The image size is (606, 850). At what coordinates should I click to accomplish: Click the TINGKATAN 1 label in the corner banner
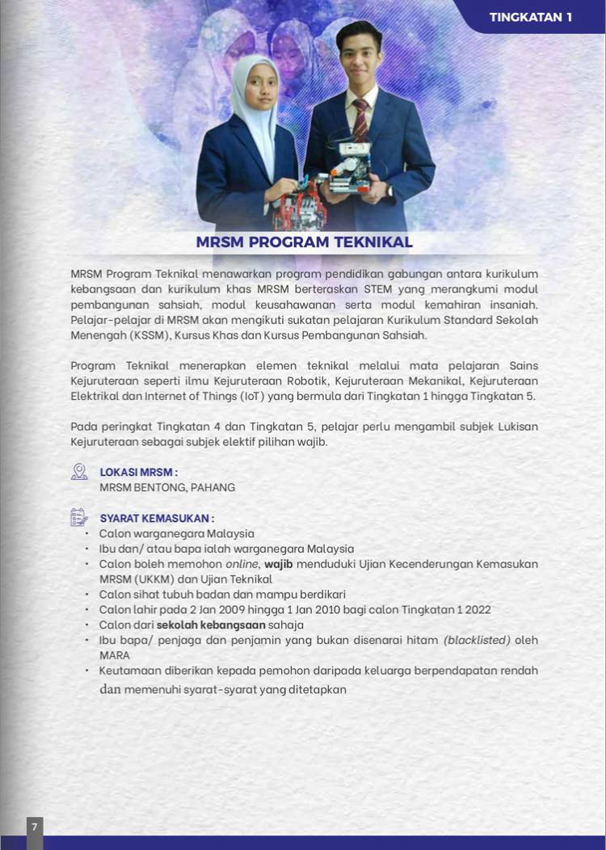click(530, 17)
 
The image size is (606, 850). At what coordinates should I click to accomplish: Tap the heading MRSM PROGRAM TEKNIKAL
click(304, 242)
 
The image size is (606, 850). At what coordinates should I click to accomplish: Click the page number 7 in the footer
click(34, 827)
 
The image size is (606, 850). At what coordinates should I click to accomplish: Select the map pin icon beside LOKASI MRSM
click(79, 472)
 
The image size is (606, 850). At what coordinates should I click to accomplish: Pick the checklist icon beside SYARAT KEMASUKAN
click(79, 517)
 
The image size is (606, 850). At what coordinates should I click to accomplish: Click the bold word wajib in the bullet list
click(278, 564)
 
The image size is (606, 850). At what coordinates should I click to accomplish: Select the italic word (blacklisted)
click(477, 640)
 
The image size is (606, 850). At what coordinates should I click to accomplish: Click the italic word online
click(242, 564)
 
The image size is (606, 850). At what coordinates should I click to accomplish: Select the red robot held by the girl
click(299, 207)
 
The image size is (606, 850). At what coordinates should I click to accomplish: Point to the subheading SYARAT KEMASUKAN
click(156, 518)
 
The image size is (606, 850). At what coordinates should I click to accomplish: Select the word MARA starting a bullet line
click(115, 655)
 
